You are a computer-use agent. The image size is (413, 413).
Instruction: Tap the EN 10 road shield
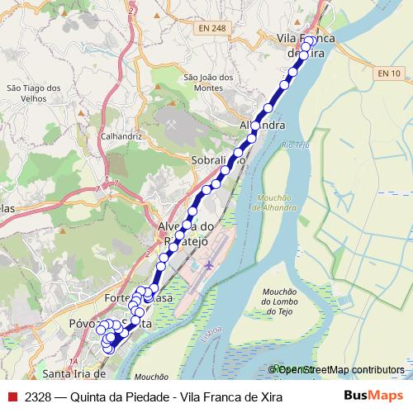coord(389,74)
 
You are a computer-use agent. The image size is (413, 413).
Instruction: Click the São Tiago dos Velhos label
coord(33,93)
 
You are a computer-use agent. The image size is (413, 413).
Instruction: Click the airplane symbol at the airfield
coord(208,265)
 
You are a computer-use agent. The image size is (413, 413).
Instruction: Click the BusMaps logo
coord(374,396)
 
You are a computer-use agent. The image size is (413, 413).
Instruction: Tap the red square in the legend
coord(12,397)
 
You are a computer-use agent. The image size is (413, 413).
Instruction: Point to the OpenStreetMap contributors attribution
coord(339,370)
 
